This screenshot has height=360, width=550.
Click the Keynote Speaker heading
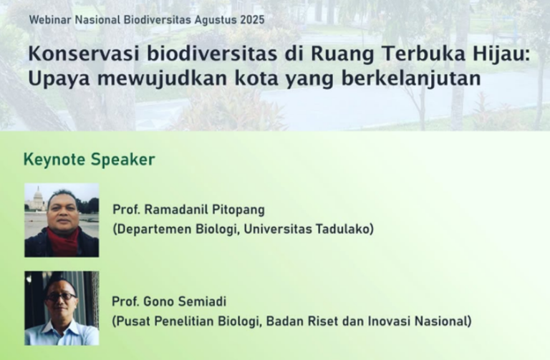pyautogui.click(x=89, y=160)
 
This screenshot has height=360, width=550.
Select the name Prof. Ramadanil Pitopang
pyautogui.click(x=188, y=210)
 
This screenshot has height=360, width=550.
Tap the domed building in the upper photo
pyautogui.click(x=38, y=198)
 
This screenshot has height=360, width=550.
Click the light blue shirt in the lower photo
pyautogui.click(x=61, y=335)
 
